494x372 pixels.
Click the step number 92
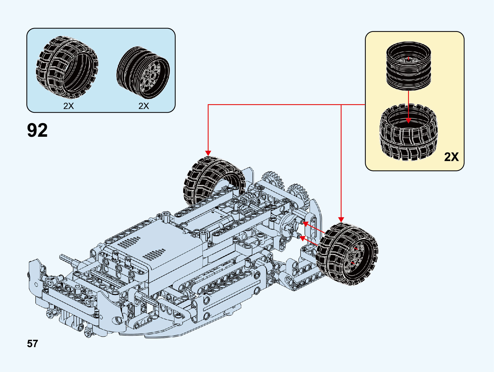click(x=37, y=130)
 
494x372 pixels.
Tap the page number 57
click(x=32, y=343)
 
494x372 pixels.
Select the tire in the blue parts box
click(x=67, y=67)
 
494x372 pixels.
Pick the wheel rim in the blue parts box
click(x=143, y=73)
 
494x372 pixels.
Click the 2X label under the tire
click(x=69, y=106)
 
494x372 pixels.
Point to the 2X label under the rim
click(x=144, y=106)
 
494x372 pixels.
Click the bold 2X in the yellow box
click(x=451, y=157)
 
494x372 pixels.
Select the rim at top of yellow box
click(x=409, y=66)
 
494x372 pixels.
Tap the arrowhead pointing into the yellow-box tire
click(x=408, y=121)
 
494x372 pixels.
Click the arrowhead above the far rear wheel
click(x=208, y=153)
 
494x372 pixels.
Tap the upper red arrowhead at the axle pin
click(x=305, y=223)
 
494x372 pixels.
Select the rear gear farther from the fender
click(x=273, y=180)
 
